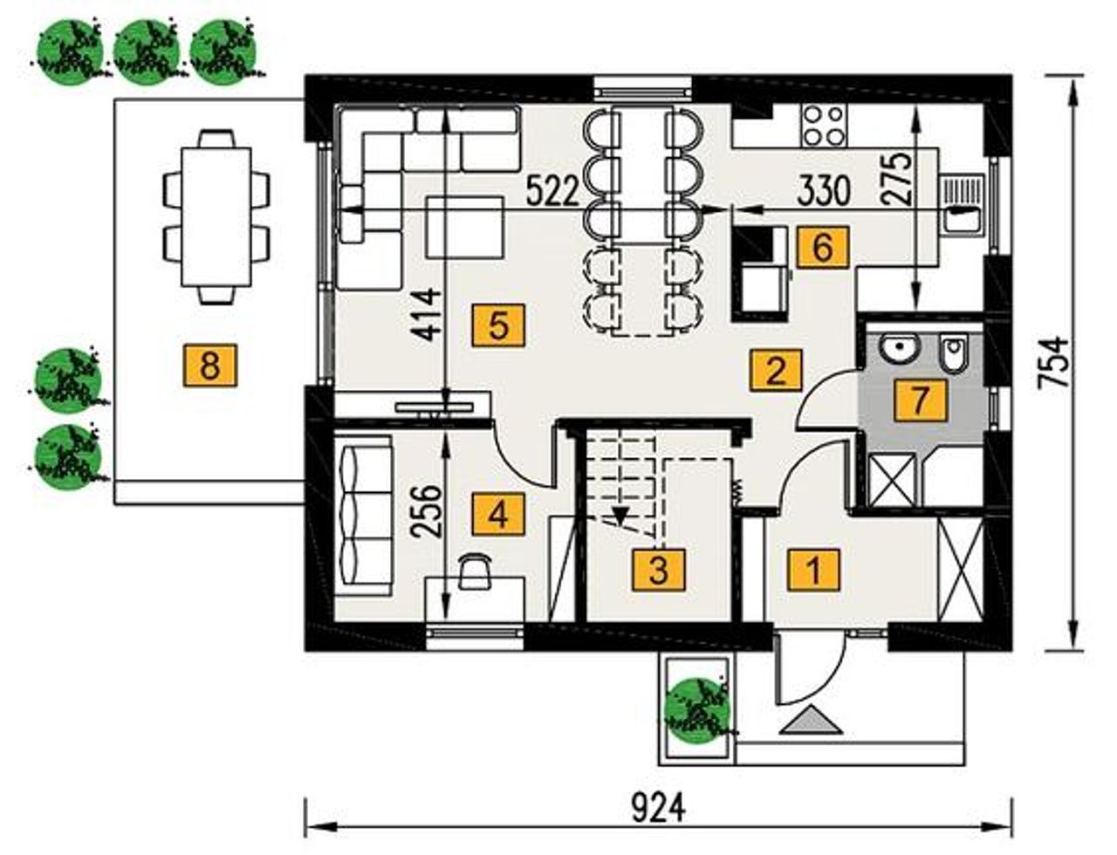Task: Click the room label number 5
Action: click(498, 325)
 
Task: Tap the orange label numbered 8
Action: click(210, 366)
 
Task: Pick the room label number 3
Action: click(660, 571)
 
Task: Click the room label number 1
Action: click(814, 571)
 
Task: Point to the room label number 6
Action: click(822, 247)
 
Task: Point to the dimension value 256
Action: click(428, 510)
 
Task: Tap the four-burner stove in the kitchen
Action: click(822, 126)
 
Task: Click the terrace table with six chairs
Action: click(217, 218)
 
